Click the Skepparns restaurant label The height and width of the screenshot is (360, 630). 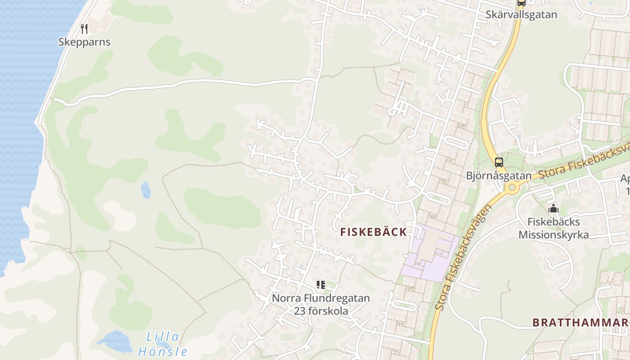[x=84, y=42]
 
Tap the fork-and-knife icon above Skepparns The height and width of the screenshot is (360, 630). [x=84, y=29]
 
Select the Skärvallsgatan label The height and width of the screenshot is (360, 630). [x=521, y=15]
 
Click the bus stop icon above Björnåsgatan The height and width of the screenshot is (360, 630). [x=499, y=162]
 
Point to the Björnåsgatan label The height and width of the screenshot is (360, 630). [x=499, y=175]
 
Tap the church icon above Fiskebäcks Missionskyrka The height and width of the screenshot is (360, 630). [x=553, y=209]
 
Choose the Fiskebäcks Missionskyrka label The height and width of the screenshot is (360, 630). [x=553, y=228]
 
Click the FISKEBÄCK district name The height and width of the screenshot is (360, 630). [x=373, y=232]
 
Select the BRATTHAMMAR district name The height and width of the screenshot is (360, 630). [x=580, y=323]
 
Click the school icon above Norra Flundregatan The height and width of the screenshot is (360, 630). [x=320, y=284]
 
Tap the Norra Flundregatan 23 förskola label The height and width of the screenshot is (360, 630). [x=321, y=305]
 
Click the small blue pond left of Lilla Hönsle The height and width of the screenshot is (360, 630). [x=115, y=341]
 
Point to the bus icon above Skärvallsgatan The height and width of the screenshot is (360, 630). [x=521, y=3]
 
